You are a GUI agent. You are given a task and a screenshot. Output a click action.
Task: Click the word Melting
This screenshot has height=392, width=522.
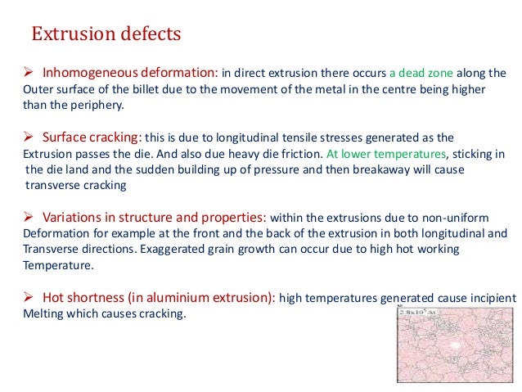click(x=40, y=313)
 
